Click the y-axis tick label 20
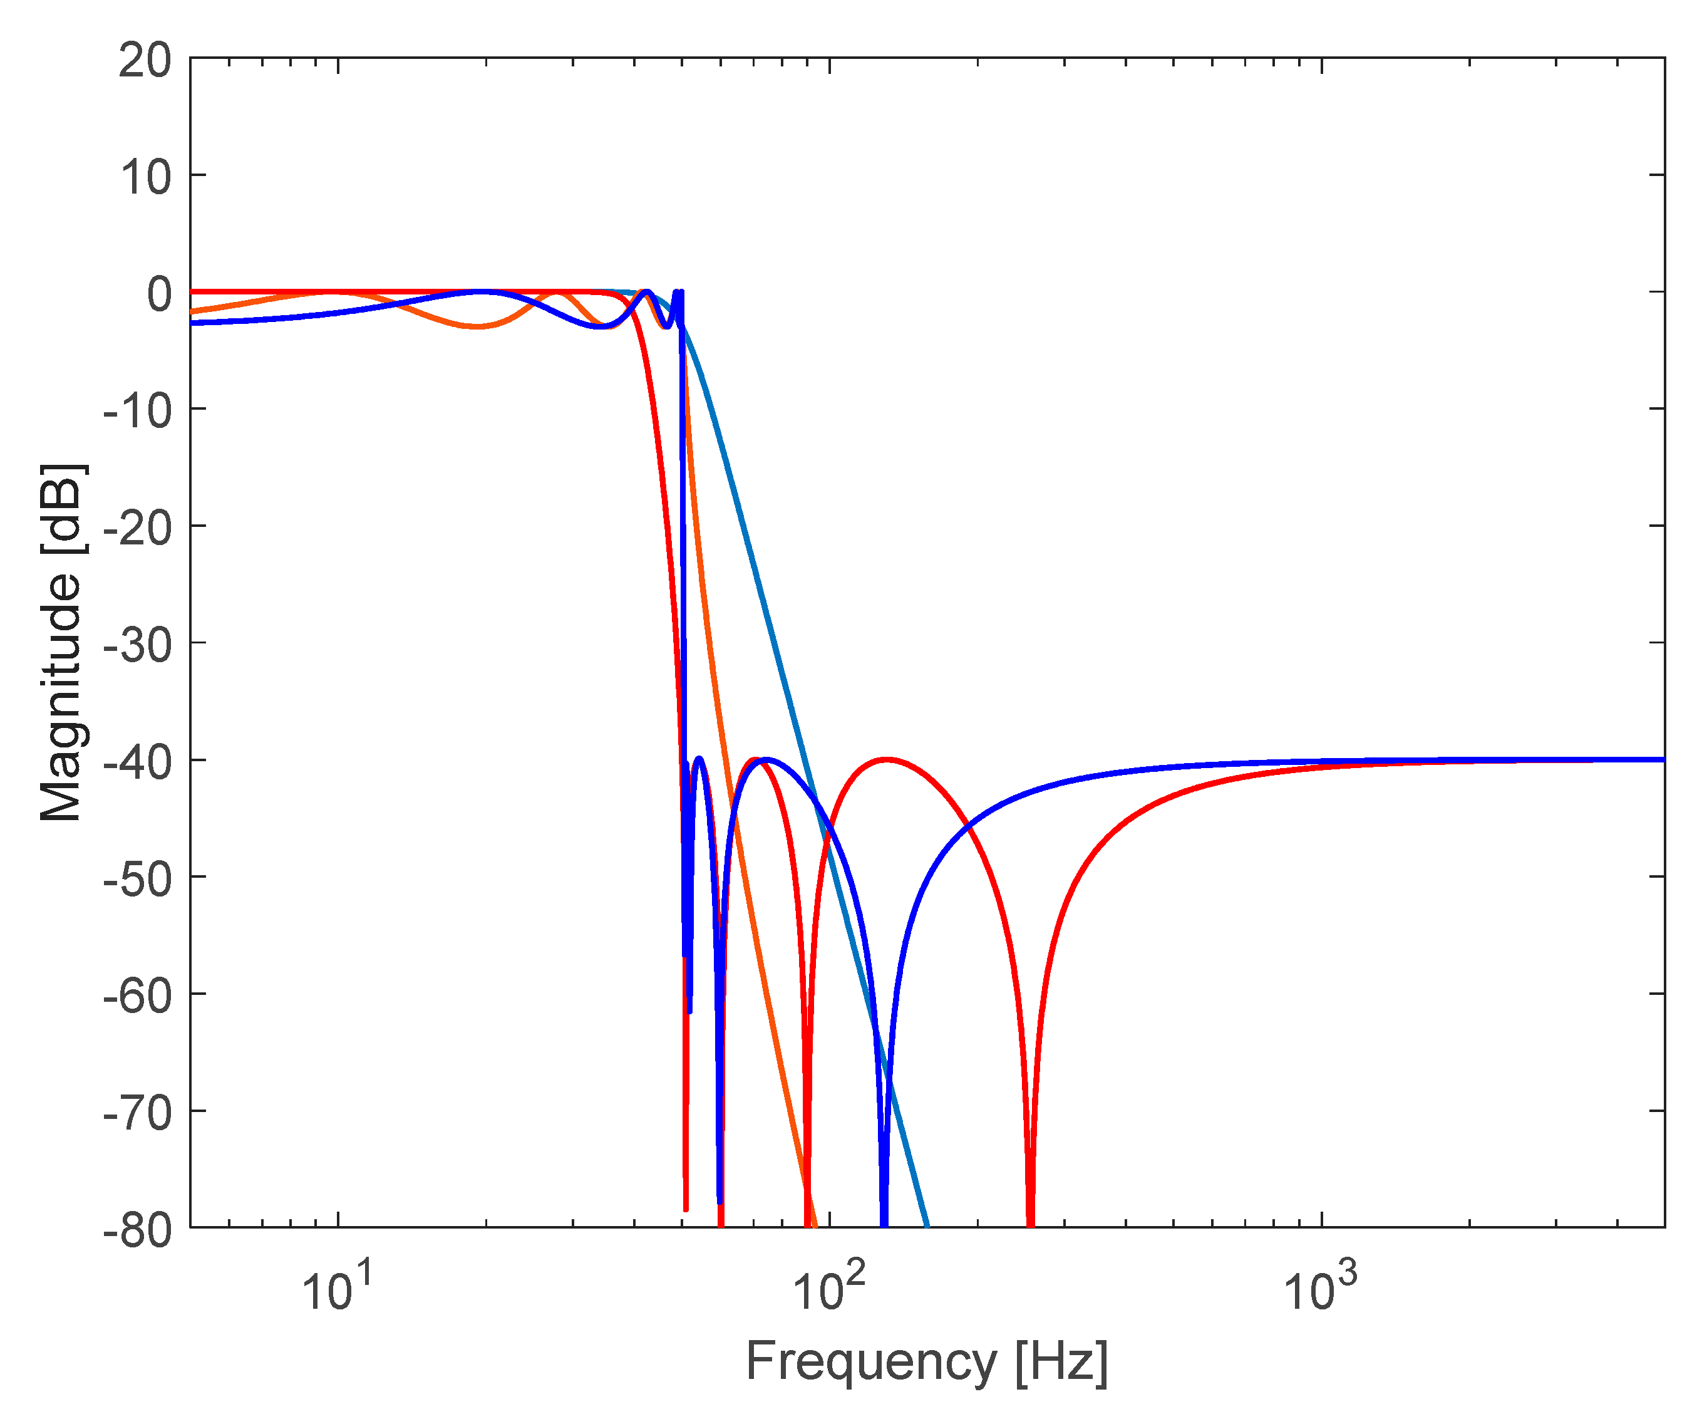[145, 61]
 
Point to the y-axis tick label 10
[145, 177]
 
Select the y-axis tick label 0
[158, 293]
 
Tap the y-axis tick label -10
[137, 410]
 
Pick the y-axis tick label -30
[137, 644]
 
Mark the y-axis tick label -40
[137, 761]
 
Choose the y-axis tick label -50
[137, 878]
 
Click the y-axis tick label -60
[137, 995]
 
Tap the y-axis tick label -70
[137, 1112]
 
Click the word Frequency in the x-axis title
[871, 1361]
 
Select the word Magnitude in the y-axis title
[61, 697]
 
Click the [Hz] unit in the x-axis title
[1061, 1361]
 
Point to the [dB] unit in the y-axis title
[61, 509]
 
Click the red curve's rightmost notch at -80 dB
[1030, 1220]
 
